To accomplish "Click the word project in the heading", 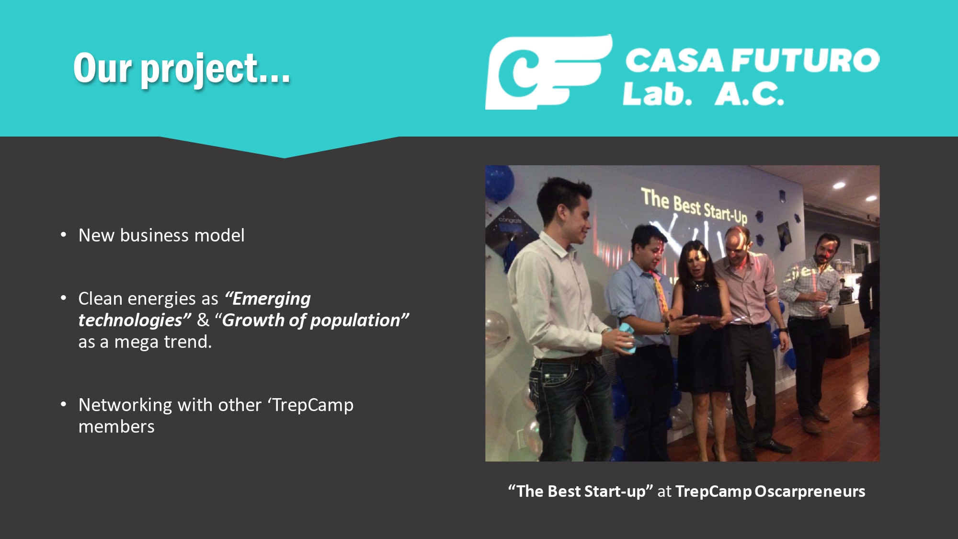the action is tap(200, 70).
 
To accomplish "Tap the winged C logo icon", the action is tap(549, 72).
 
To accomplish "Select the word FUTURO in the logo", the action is tap(806, 60).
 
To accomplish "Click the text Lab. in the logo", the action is tap(658, 93).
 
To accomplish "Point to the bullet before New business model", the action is tap(64, 235).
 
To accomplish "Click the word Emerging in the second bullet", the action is tap(272, 299).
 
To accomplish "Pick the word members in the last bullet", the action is tap(116, 426).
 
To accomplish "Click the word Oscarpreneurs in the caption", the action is tap(810, 492).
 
